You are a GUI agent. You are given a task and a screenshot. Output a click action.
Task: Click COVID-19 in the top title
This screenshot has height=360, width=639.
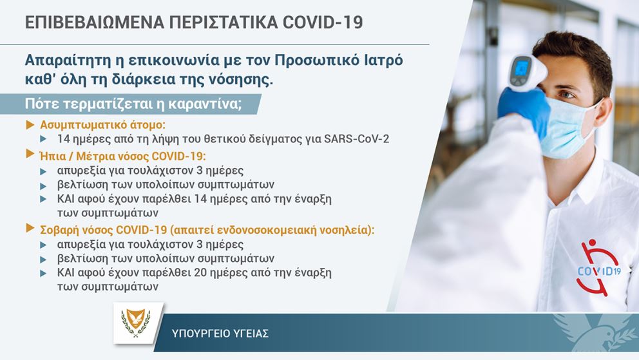click(322, 23)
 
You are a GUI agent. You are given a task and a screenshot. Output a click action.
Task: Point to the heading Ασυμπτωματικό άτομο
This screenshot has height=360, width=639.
click(102, 125)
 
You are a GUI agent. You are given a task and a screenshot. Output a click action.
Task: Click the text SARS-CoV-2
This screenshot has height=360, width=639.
click(357, 139)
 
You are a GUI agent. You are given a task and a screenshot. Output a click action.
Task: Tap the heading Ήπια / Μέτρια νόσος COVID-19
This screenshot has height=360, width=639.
click(122, 156)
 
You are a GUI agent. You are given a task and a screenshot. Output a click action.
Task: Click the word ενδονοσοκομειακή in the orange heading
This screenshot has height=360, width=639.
click(266, 230)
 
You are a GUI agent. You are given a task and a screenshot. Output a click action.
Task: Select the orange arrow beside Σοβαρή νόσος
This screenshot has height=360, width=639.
click(30, 228)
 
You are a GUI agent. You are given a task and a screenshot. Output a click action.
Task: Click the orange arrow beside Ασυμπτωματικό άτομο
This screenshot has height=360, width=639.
click(30, 125)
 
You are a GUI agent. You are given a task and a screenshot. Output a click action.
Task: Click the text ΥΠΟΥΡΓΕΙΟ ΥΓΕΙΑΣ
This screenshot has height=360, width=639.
click(220, 334)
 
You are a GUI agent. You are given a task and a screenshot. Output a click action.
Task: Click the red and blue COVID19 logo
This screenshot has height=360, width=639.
click(599, 267)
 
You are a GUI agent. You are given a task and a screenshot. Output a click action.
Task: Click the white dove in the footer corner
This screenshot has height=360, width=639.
click(595, 332)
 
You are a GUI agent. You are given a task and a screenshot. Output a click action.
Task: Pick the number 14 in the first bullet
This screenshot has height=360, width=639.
click(64, 139)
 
